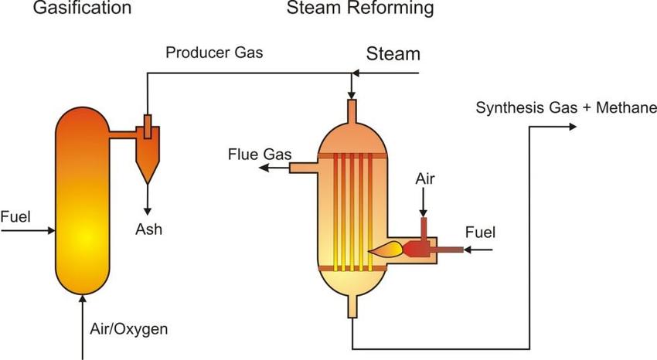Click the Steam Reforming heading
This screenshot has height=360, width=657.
point(359,9)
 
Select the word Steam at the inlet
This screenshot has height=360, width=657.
point(393,53)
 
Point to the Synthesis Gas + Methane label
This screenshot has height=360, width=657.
point(566,107)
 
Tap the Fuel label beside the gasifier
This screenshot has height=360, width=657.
point(15,216)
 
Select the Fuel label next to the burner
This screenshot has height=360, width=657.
point(480,232)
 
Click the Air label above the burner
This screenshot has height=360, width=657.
point(425,179)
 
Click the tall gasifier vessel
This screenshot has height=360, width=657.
point(82,201)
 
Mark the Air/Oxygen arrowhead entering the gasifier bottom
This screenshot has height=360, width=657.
point(82,301)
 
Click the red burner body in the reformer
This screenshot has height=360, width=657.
point(418,248)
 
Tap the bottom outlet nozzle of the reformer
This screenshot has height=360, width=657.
point(352,307)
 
